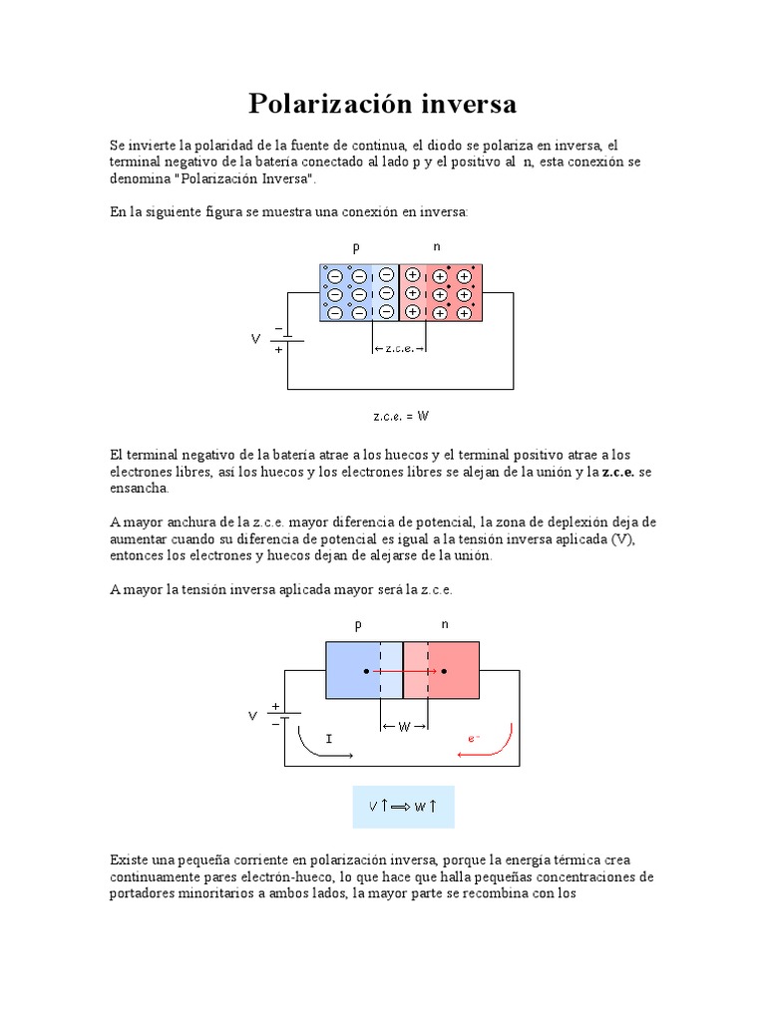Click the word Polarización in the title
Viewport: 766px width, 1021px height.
click(x=317, y=104)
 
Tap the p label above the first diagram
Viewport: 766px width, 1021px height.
click(x=356, y=246)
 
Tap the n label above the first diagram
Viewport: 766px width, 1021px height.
click(x=437, y=246)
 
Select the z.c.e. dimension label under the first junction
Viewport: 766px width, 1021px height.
click(x=398, y=348)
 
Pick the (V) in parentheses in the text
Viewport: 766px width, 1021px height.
click(x=622, y=539)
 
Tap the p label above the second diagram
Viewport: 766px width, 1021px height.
click(x=357, y=625)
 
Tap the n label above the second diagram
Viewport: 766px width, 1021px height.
click(x=445, y=625)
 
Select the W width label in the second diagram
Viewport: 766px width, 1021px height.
click(x=404, y=727)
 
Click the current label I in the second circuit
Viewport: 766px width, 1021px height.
click(x=329, y=738)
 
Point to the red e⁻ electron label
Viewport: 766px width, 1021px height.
click(x=474, y=738)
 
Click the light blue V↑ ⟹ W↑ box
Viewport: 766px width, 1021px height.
click(x=403, y=806)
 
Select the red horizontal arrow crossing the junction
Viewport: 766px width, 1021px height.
click(x=404, y=671)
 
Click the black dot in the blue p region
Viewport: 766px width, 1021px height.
click(x=367, y=671)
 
